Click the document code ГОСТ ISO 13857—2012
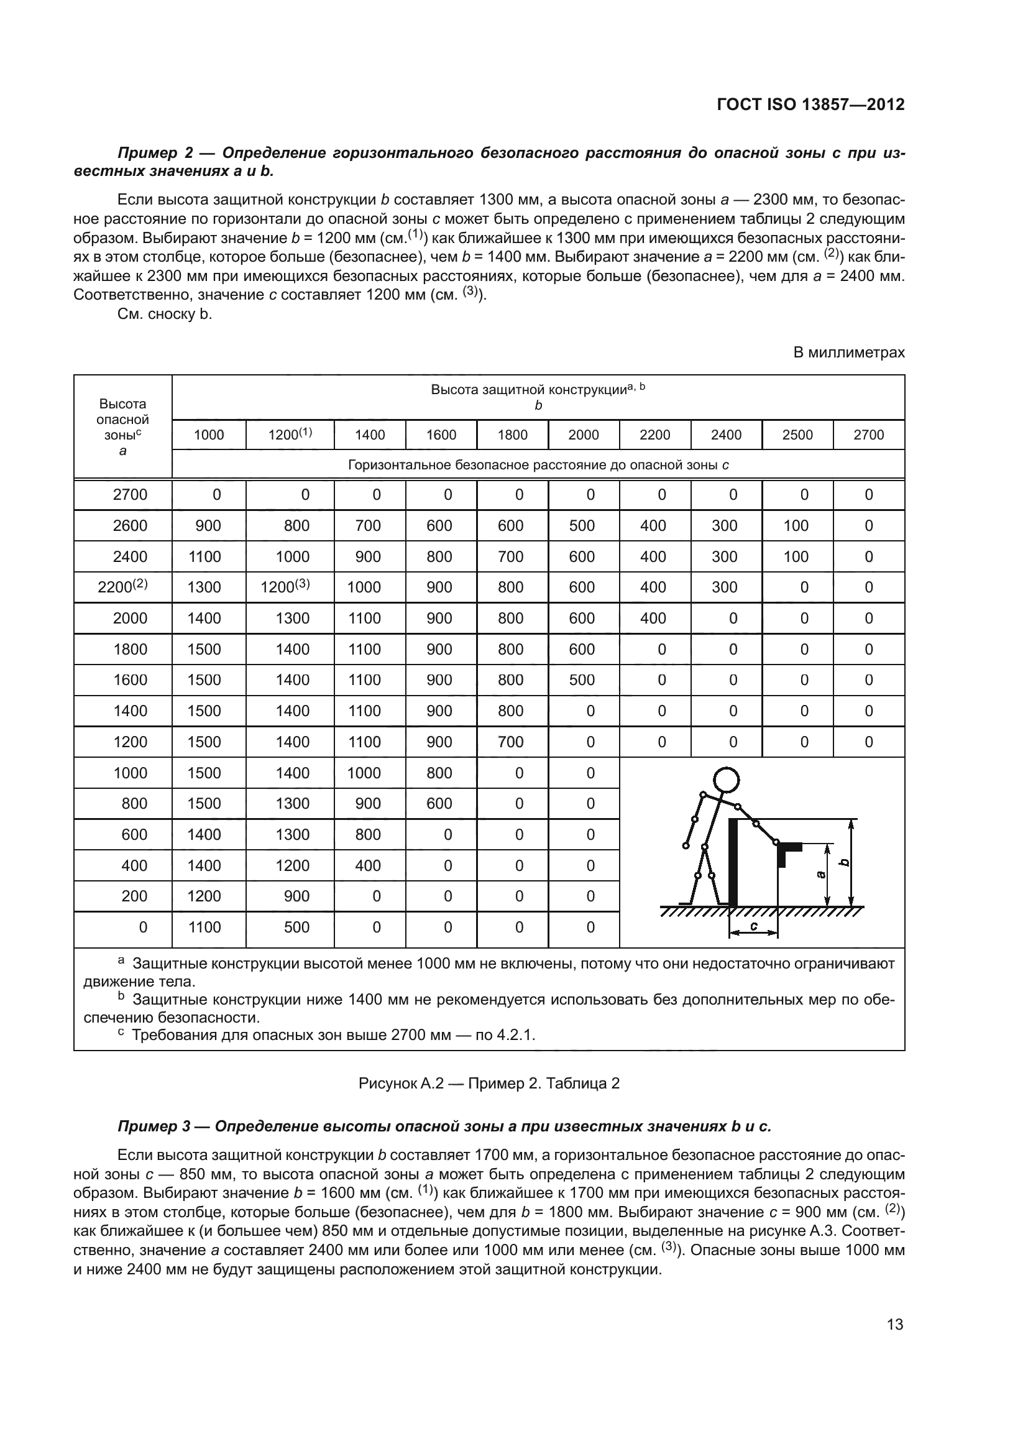(810, 104)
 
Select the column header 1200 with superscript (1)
(290, 435)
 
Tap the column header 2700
(868, 435)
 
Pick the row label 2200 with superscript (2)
(123, 586)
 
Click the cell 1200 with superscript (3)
(285, 586)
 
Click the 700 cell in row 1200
(510, 742)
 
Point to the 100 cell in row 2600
(796, 526)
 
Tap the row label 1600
(130, 679)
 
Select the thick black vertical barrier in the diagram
(733, 861)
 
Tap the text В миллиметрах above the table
(849, 352)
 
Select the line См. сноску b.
(165, 314)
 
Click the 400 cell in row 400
(368, 865)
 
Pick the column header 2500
(797, 435)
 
